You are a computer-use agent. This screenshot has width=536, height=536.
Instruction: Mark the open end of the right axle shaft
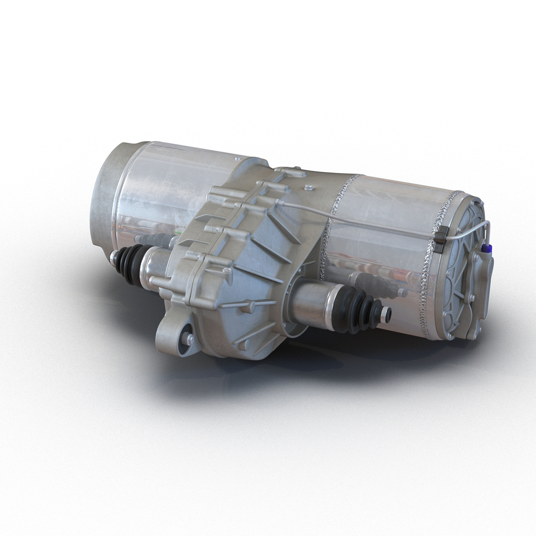pos(386,314)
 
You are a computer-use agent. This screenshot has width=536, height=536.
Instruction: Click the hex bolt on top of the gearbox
pos(309,188)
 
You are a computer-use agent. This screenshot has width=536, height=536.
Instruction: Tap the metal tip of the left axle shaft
pos(114,257)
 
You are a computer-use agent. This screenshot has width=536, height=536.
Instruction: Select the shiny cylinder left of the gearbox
pos(164,194)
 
